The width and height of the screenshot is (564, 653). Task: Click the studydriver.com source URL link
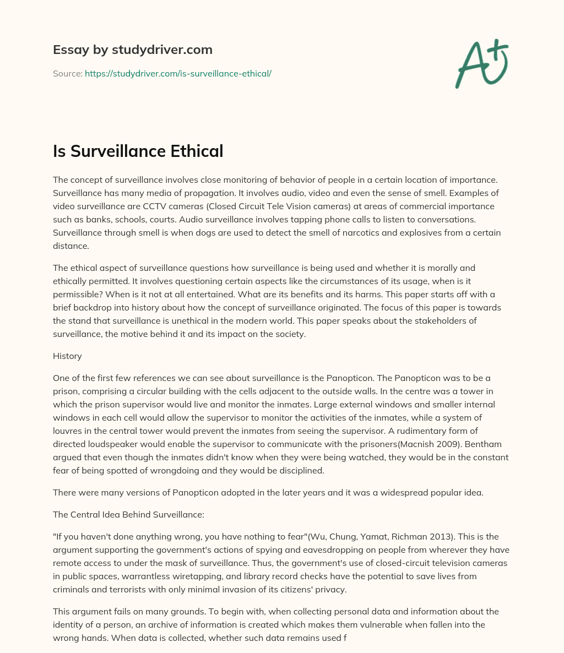point(178,73)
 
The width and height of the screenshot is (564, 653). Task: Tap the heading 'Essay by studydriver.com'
point(132,50)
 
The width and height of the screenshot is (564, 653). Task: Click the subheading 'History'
point(67,356)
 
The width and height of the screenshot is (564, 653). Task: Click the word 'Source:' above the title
point(67,73)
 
